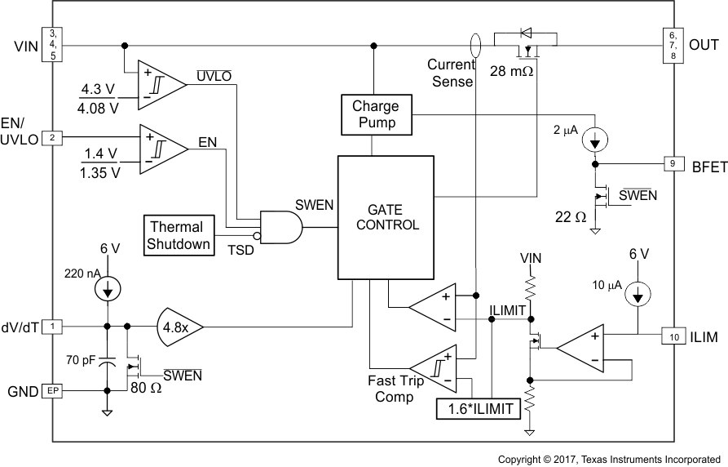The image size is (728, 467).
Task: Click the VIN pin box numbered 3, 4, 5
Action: point(53,45)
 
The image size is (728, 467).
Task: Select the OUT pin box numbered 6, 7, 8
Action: point(673,46)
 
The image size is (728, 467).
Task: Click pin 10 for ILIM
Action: point(673,336)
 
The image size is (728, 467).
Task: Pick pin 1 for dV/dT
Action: point(53,327)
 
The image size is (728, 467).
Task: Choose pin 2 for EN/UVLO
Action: point(53,138)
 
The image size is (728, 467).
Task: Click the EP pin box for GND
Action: point(53,392)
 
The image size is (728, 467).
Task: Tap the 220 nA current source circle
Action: point(106,288)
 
